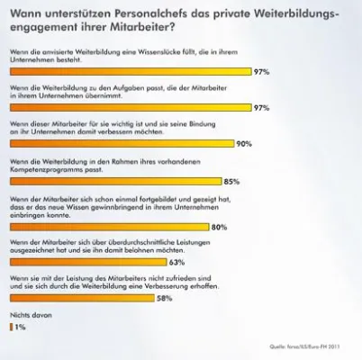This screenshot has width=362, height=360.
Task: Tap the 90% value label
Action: click(x=243, y=144)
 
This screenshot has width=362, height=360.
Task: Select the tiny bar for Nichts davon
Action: click(x=10, y=328)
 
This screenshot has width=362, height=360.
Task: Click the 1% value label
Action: click(x=20, y=328)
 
